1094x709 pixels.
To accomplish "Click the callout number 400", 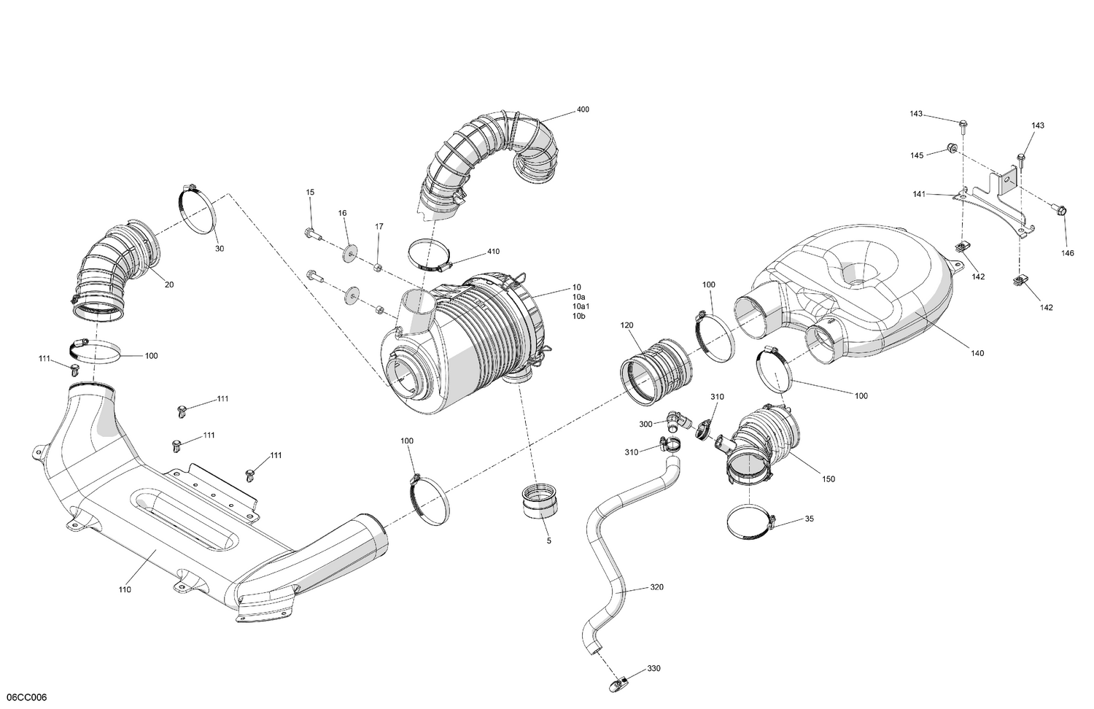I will [583, 109].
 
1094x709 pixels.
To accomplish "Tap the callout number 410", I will [494, 252].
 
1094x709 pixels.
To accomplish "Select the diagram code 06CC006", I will [26, 697].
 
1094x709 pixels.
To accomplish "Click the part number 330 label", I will [654, 669].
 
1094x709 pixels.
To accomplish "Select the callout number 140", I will [977, 353].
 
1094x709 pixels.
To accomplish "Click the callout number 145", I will [917, 155].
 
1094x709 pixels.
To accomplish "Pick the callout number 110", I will [125, 589].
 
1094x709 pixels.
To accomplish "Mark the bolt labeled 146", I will [1060, 209].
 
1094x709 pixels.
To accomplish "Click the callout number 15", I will [310, 192].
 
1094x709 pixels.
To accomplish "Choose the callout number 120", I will [626, 325].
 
